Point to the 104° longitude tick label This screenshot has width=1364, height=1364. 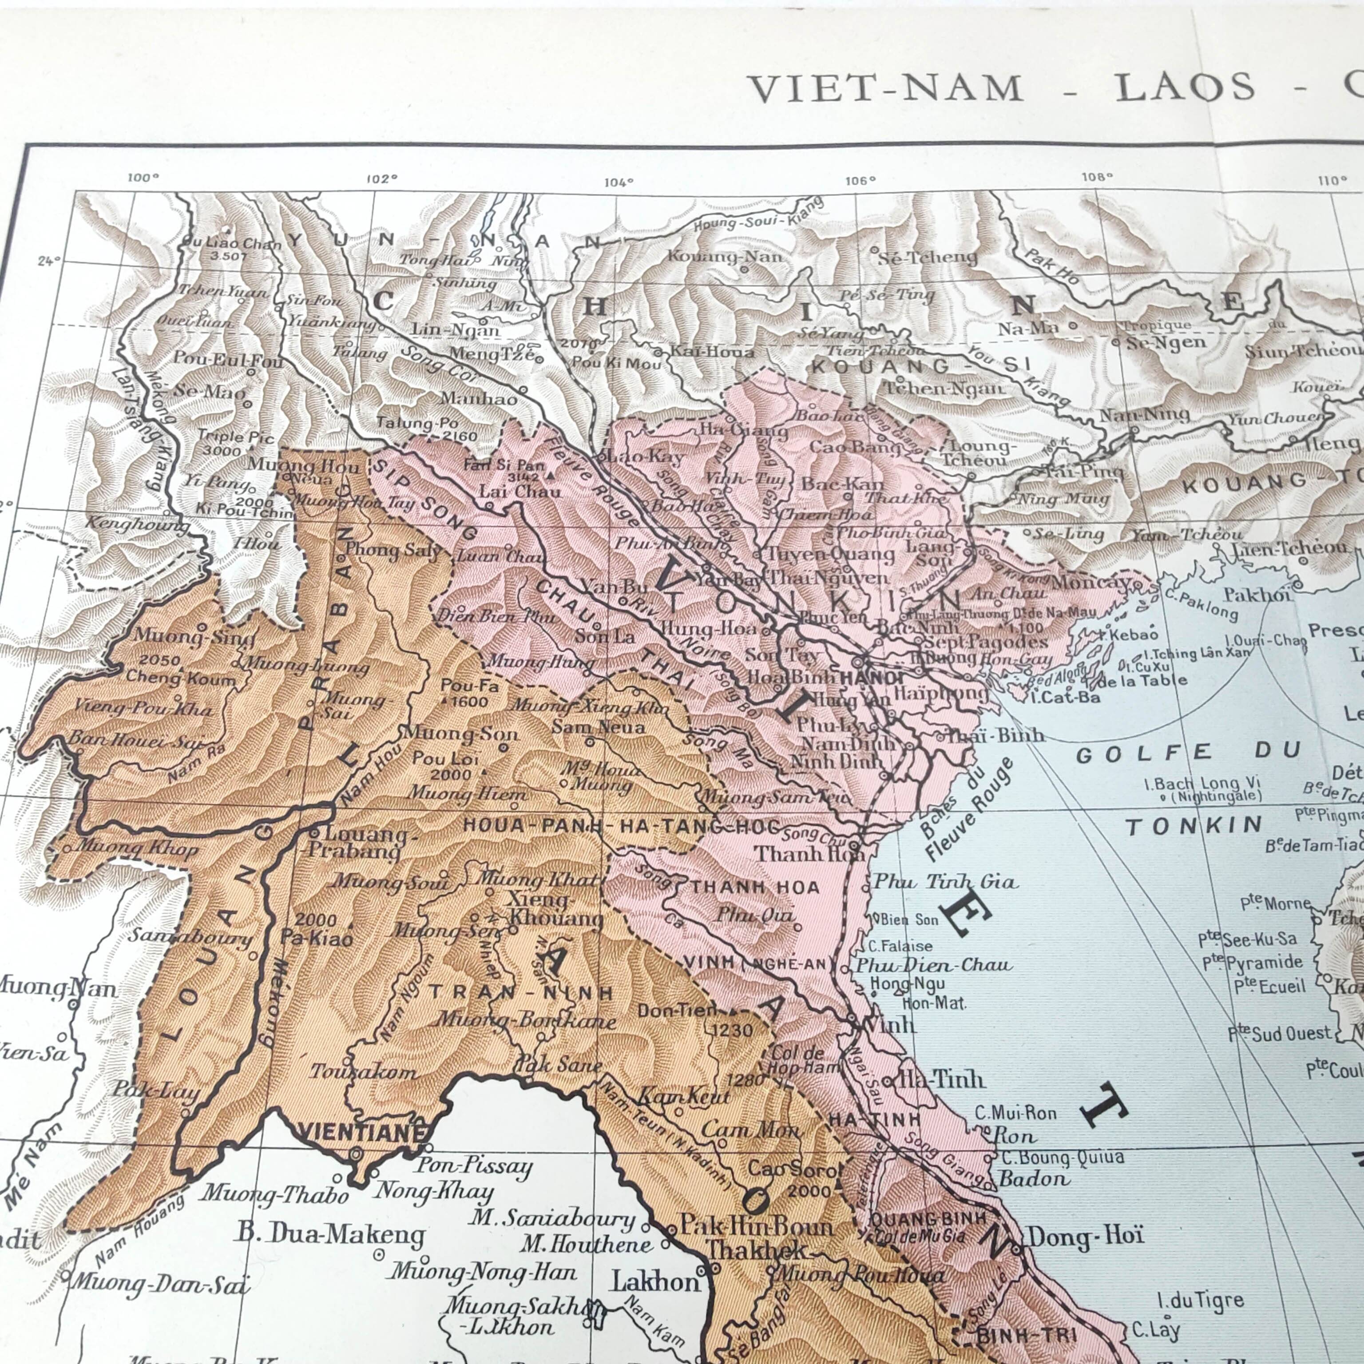pos(619,183)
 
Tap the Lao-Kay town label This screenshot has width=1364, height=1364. pos(645,457)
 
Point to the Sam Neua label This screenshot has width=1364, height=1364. pos(598,726)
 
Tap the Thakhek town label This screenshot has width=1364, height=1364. pos(755,1249)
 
